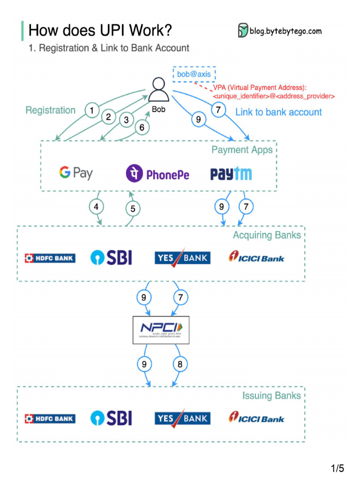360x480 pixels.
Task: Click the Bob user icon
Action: pyautogui.click(x=158, y=90)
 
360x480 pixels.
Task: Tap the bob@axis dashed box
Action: pyautogui.click(x=194, y=74)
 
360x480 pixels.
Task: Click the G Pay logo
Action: pyautogui.click(x=76, y=173)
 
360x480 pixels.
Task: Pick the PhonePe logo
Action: pyautogui.click(x=157, y=174)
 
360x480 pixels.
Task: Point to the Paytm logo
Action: pyautogui.click(x=231, y=174)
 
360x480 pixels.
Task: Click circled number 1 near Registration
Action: pyautogui.click(x=92, y=111)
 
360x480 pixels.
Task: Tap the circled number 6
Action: pyautogui.click(x=142, y=127)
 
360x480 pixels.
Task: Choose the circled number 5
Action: pyautogui.click(x=133, y=209)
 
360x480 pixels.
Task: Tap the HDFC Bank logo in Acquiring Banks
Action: pyautogui.click(x=50, y=258)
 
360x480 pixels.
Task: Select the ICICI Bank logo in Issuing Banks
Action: pyautogui.click(x=256, y=418)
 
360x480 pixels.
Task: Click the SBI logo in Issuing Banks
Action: pyautogui.click(x=111, y=418)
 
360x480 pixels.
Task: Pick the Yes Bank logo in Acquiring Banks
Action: pyautogui.click(x=182, y=258)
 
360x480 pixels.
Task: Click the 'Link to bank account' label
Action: pyautogui.click(x=278, y=112)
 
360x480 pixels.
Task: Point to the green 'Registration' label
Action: pyautogui.click(x=50, y=110)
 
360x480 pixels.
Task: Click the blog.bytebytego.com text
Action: pyautogui.click(x=285, y=31)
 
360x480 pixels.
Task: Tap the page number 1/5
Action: pyautogui.click(x=337, y=468)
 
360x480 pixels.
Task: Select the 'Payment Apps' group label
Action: pyautogui.click(x=242, y=150)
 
